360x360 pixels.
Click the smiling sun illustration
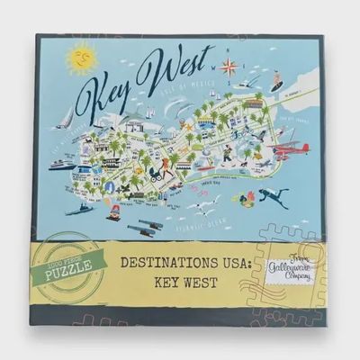pos(82,58)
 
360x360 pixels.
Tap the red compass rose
pos(229,65)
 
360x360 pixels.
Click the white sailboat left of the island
pos(66,118)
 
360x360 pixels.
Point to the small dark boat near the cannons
pos(80,209)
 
